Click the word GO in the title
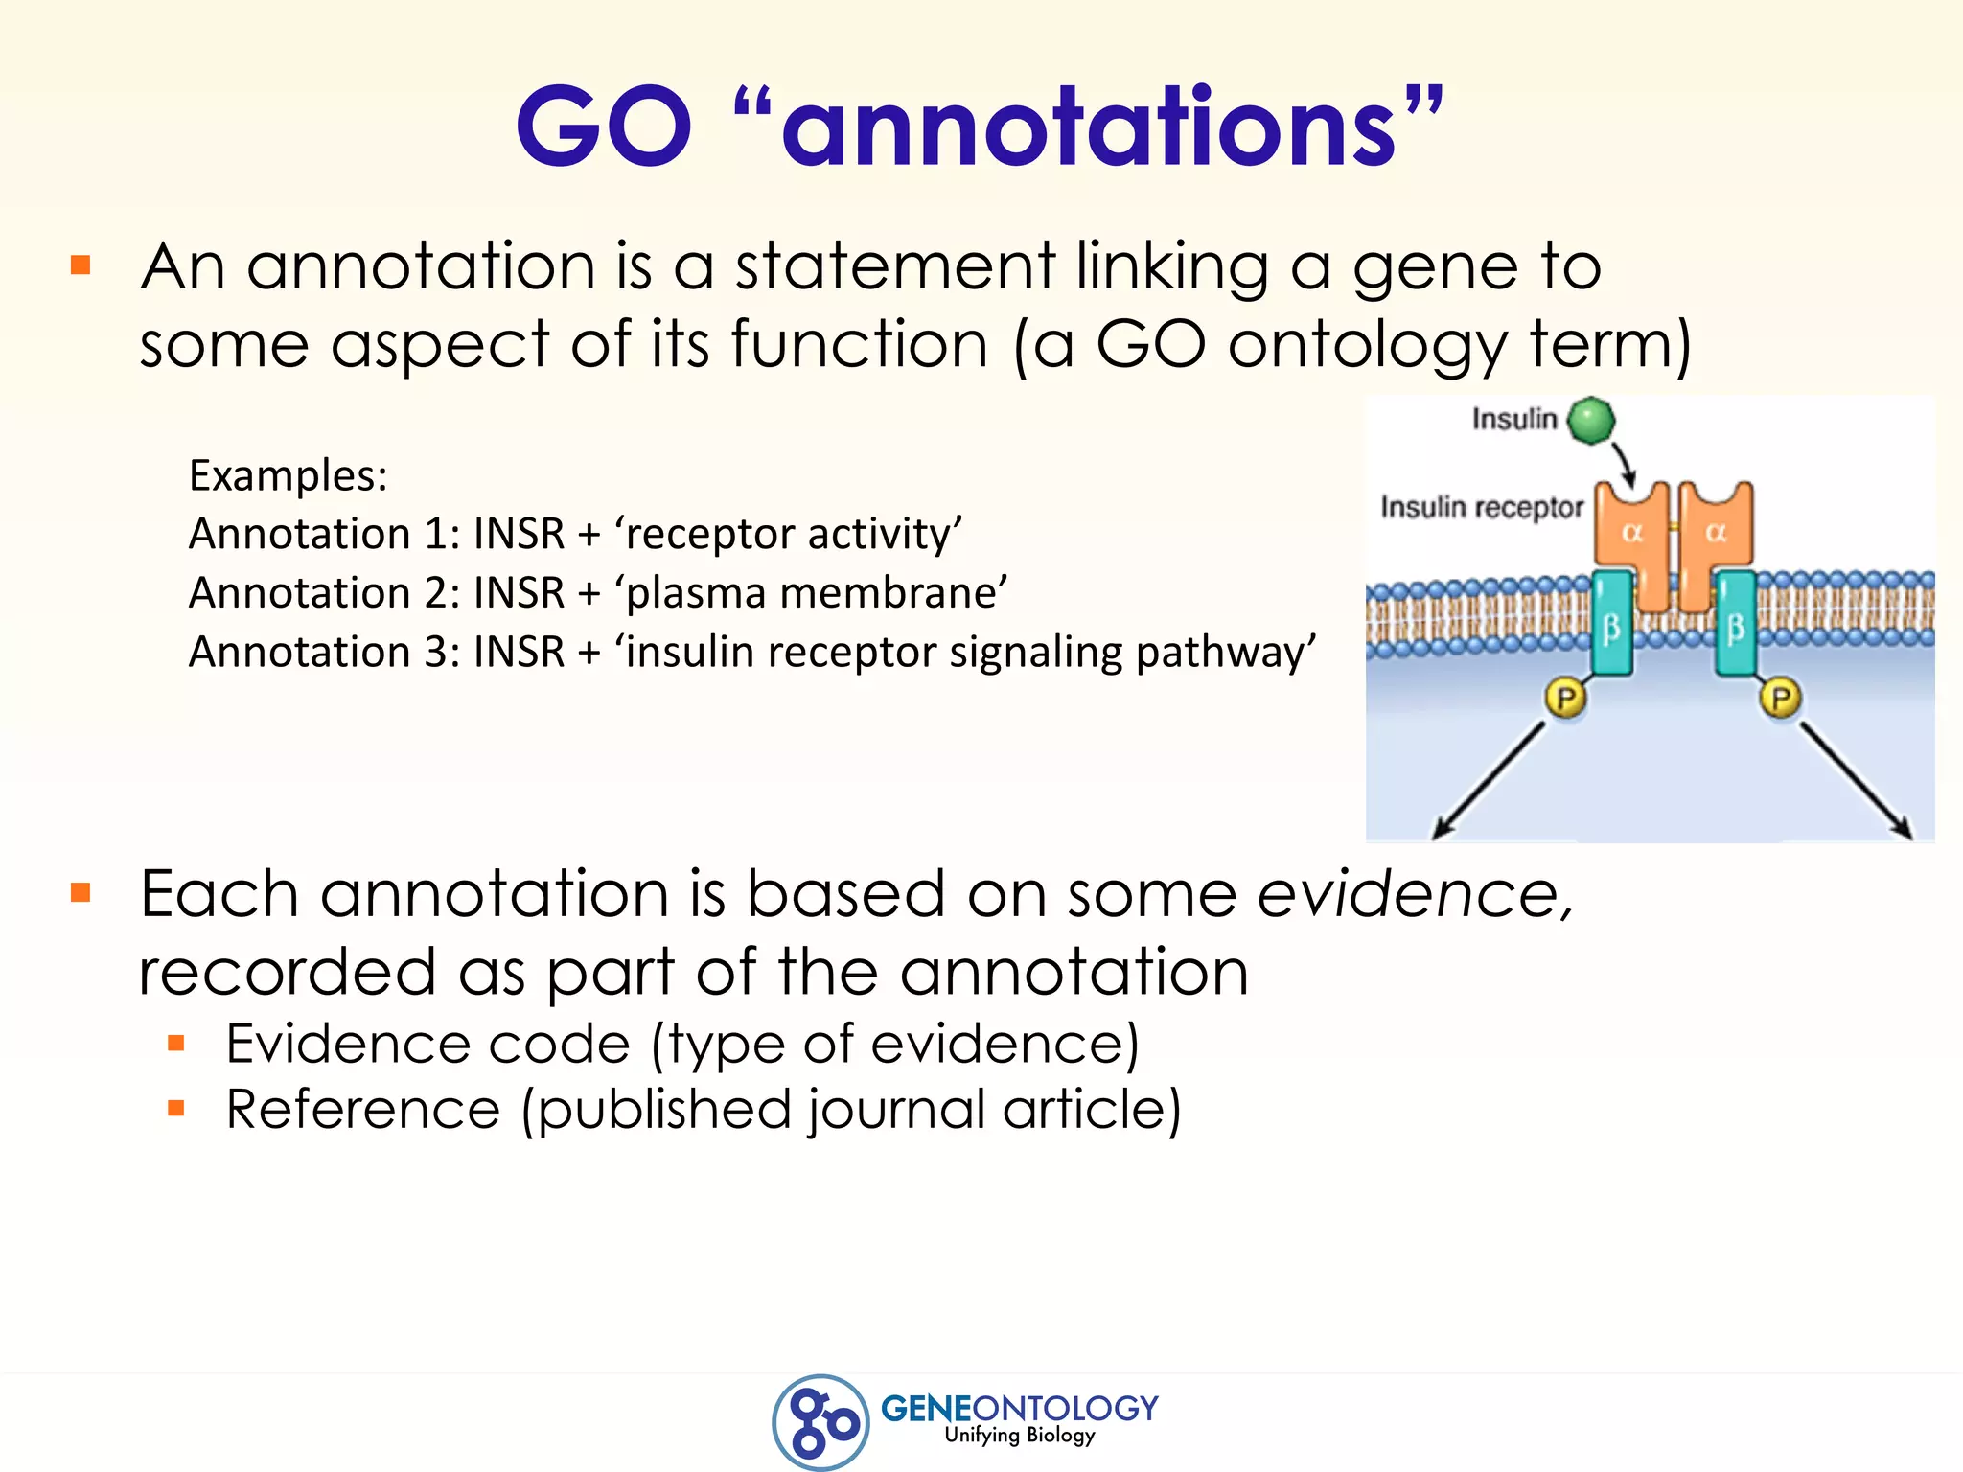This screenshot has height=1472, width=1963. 604,126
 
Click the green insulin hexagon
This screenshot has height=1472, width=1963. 1592,421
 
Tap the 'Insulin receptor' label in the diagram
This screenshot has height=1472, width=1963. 1482,507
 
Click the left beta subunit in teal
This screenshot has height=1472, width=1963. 1611,625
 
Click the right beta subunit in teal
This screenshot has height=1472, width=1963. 1736,625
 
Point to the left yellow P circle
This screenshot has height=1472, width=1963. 1565,698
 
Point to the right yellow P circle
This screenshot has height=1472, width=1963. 1781,698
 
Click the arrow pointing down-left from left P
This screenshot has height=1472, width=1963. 1489,780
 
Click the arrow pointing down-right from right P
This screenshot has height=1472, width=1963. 1857,780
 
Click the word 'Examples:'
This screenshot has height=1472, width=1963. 289,475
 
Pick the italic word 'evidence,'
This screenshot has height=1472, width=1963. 1415,894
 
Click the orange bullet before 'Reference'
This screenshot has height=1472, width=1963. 175,1109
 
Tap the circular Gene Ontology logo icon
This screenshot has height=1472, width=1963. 821,1421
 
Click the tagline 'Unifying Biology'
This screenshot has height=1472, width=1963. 1019,1435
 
